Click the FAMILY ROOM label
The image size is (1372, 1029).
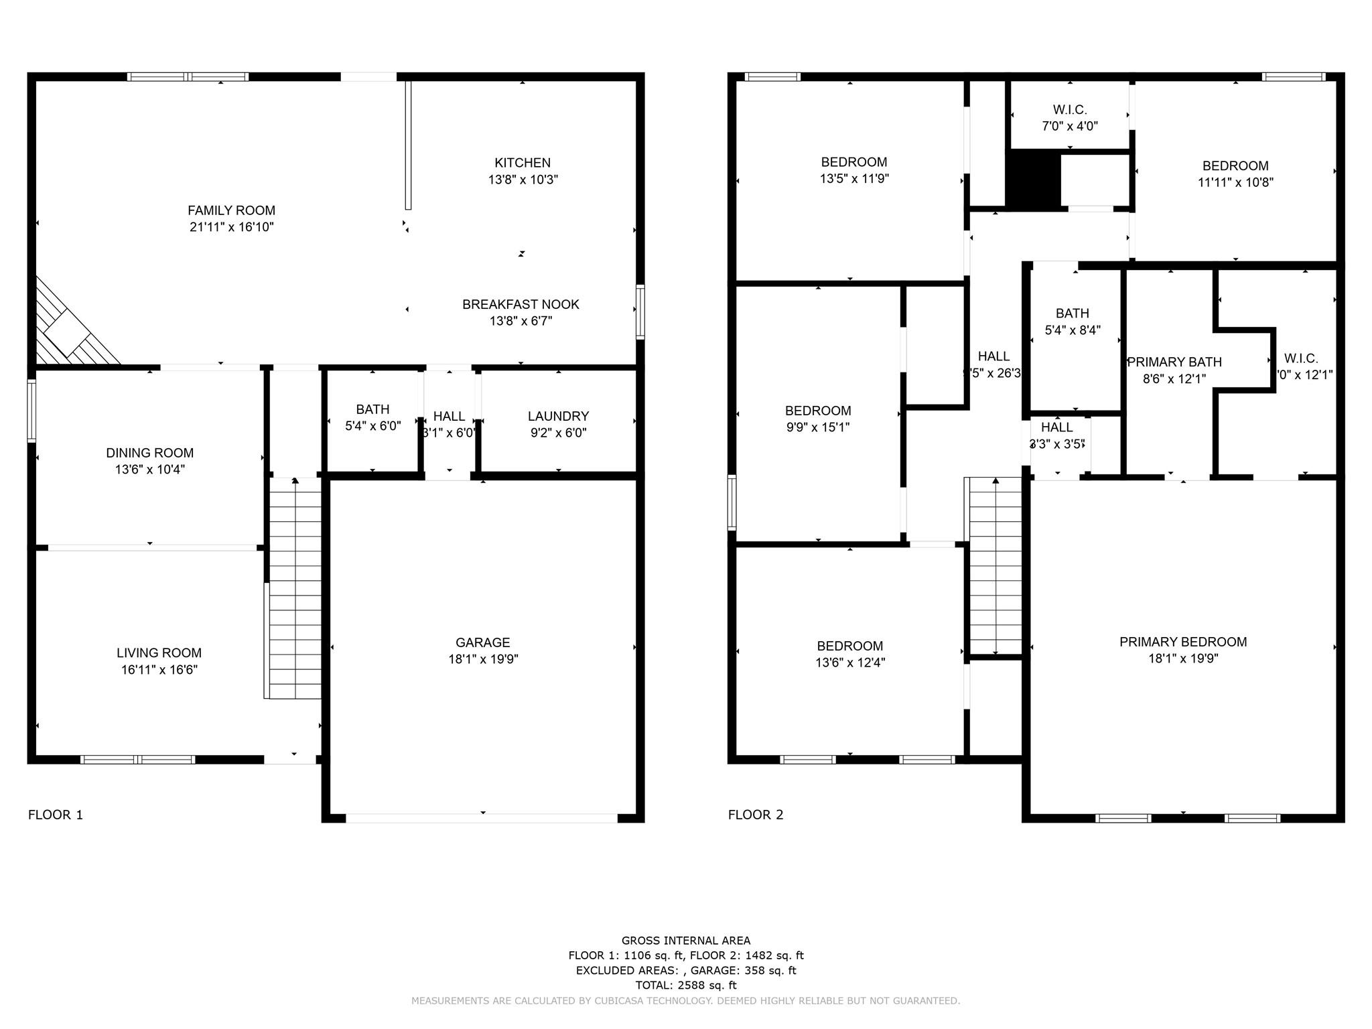point(231,210)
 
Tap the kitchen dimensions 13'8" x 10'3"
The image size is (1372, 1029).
point(523,180)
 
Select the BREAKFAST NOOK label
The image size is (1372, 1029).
point(521,304)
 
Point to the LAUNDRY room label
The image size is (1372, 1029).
point(558,416)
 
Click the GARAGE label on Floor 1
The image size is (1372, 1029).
point(482,642)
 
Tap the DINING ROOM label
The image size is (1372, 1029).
point(149,453)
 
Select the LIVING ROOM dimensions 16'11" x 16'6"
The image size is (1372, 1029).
point(159,669)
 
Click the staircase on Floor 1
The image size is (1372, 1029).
point(295,590)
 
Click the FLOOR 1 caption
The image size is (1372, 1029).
point(56,815)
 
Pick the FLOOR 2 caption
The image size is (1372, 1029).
point(756,815)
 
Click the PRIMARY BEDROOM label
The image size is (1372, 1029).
point(1183,642)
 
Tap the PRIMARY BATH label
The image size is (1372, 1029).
point(1174,362)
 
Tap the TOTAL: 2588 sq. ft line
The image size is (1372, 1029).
point(685,985)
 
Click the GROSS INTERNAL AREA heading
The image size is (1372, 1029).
point(685,941)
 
